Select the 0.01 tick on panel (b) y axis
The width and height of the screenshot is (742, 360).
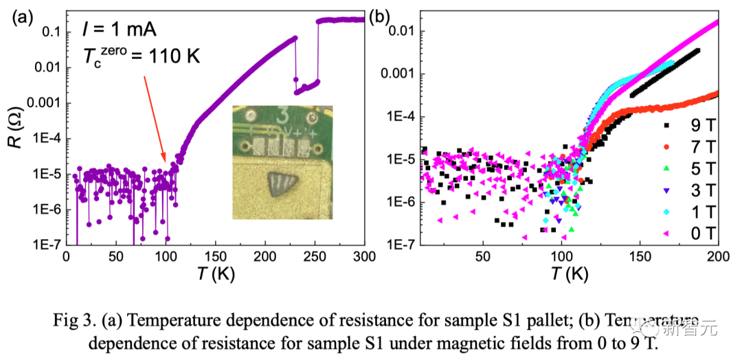click(x=398, y=31)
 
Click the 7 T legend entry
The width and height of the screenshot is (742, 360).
click(x=694, y=147)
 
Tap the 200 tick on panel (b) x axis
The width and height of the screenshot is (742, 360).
click(x=717, y=256)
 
